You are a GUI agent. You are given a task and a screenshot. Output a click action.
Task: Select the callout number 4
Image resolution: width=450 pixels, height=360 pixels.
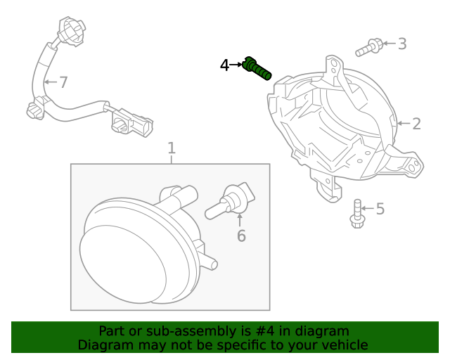[x=224, y=65]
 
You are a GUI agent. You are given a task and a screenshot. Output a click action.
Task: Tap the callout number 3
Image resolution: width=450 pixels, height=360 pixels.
[x=401, y=44]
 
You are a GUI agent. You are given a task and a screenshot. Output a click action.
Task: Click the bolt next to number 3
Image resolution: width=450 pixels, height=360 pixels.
[x=370, y=48]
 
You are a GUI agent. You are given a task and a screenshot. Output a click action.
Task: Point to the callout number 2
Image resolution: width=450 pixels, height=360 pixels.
[x=416, y=124]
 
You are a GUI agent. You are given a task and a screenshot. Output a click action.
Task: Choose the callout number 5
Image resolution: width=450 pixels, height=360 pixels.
[x=380, y=209]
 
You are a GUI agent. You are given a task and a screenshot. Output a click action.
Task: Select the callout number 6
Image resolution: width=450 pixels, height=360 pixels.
[x=241, y=236]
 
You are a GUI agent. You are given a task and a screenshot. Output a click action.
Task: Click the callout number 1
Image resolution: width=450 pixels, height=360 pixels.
[x=171, y=148]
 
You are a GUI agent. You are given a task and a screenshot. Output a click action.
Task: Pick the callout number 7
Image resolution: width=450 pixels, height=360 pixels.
[x=63, y=83]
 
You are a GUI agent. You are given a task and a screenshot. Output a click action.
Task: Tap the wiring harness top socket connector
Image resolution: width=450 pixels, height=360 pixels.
[x=69, y=30]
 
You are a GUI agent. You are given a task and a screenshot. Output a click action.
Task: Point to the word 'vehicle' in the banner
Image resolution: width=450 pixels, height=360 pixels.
[x=343, y=345]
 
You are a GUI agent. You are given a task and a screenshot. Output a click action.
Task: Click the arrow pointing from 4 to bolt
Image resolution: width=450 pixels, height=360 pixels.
[x=236, y=65]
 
